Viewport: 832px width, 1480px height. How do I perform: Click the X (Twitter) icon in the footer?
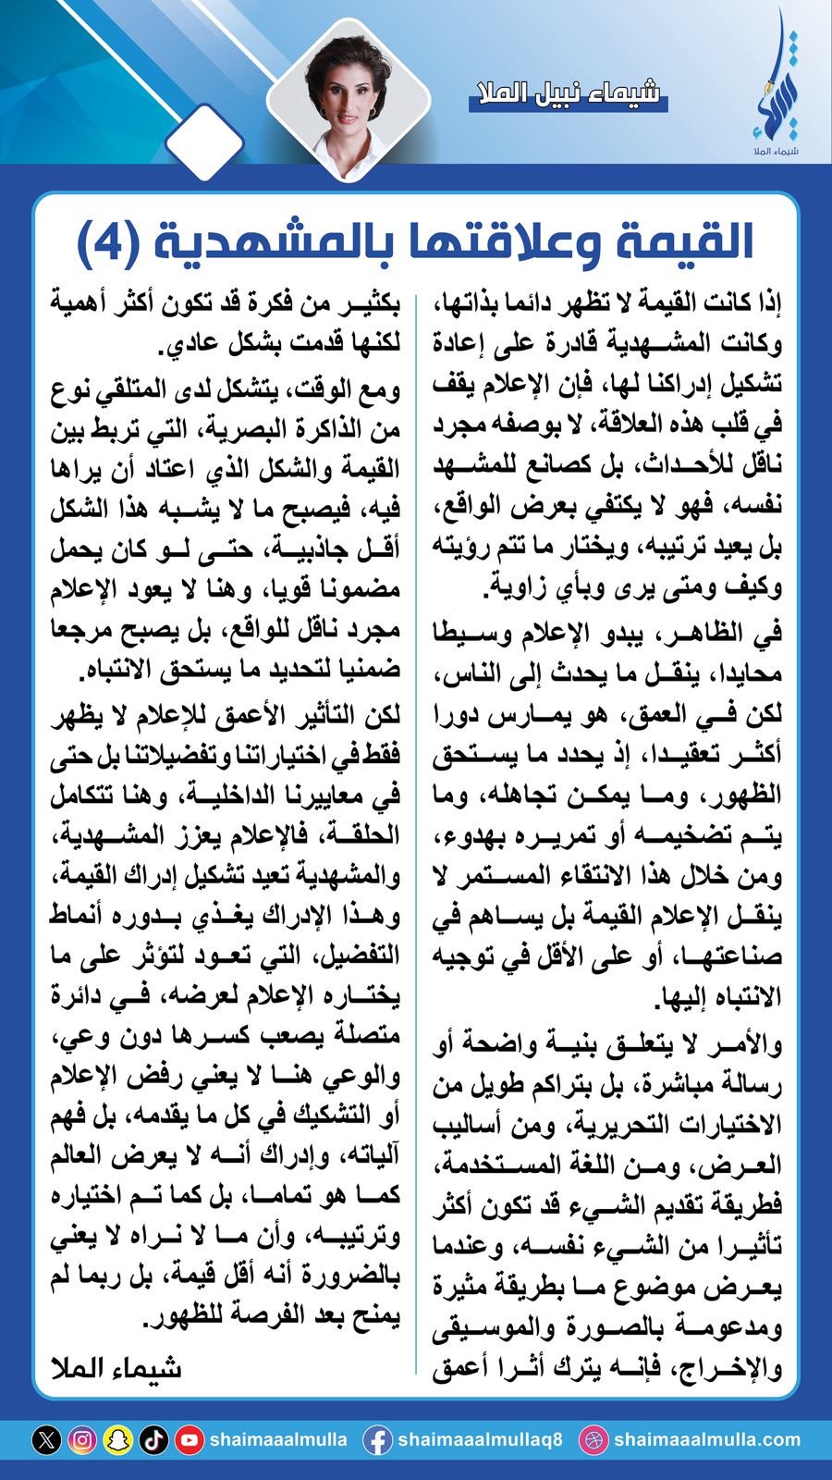tap(47, 1440)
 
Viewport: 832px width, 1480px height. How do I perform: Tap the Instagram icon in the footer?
tap(82, 1440)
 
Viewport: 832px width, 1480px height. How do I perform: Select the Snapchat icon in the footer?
tap(117, 1440)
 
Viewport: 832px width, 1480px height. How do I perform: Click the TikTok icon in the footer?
tap(153, 1440)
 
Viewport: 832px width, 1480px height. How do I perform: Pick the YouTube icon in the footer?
tap(189, 1440)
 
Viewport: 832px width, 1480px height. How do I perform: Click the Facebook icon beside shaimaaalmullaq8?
tap(376, 1440)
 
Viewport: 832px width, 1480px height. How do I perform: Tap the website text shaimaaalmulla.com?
tap(706, 1440)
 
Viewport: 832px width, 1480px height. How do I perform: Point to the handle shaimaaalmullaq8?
tap(480, 1440)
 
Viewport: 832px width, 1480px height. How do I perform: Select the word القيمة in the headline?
tap(685, 242)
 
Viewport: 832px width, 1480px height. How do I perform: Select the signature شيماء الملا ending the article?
tap(116, 1368)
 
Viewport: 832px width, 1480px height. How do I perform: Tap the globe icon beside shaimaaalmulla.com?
tap(593, 1440)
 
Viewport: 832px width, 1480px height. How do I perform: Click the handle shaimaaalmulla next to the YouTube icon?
tap(278, 1440)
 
